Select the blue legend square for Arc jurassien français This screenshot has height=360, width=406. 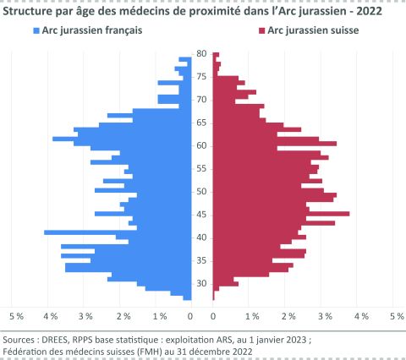(36, 30)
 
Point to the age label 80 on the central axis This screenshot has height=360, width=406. (202, 53)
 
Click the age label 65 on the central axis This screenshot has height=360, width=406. (202, 123)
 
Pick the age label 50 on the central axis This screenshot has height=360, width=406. (202, 191)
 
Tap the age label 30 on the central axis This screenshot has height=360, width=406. (202, 283)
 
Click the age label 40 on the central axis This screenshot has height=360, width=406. (202, 237)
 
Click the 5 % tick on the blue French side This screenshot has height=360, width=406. (16, 316)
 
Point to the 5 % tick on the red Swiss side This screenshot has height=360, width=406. (396, 316)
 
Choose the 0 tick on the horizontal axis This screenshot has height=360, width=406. (190, 316)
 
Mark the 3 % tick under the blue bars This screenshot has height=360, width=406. (85, 316)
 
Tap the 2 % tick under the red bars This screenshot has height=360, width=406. (288, 316)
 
